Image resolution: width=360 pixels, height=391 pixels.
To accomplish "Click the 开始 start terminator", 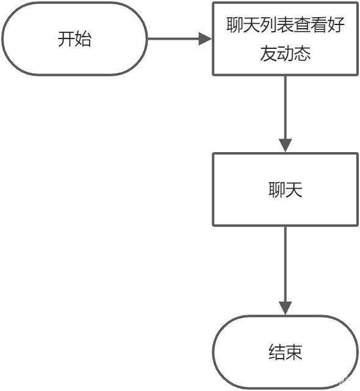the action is pos(74,38).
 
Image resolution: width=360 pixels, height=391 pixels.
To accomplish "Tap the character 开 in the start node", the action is pos(67,39).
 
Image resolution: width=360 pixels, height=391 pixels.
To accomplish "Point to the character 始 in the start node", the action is pos(83,39).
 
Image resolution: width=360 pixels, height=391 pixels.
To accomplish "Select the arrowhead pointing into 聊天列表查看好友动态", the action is pos(205,38).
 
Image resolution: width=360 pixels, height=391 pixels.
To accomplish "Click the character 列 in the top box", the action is pos(268,24).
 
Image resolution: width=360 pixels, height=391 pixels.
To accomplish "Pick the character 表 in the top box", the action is pos(286,24).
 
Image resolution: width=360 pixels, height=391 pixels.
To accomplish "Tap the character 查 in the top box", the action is pos(302,24).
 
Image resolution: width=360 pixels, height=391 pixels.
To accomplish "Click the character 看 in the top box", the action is pos(319,24).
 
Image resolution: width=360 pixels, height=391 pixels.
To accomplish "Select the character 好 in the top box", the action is pos(336,24).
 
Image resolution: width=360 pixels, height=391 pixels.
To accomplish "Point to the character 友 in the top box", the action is pos(268,53).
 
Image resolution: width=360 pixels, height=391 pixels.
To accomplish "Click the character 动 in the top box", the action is pos(286,53).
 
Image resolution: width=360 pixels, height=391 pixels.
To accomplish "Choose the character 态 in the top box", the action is pos(302,53).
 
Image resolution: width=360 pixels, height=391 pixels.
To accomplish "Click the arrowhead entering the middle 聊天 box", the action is pos(286,145).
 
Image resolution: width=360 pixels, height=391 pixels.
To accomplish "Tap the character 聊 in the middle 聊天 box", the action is pos(277,190).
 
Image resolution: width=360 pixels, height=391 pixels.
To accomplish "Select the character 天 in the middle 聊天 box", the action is pos(293,190).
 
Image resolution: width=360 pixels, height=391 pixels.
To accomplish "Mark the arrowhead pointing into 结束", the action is pos(286,308).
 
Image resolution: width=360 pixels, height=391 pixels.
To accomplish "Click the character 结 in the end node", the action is pos(277,352).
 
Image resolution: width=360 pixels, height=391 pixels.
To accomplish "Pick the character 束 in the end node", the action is pos(293,352).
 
